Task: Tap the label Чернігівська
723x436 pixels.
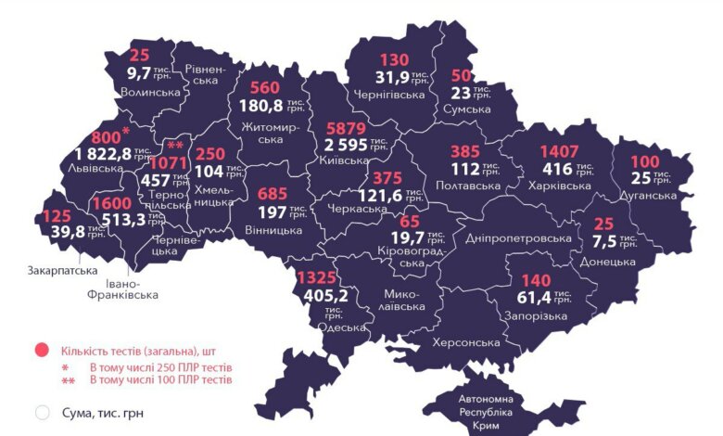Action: point(389,95)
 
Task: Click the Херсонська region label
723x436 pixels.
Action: point(465,342)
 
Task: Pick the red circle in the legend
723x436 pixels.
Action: point(41,352)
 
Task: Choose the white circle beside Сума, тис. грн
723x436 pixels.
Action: point(41,413)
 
